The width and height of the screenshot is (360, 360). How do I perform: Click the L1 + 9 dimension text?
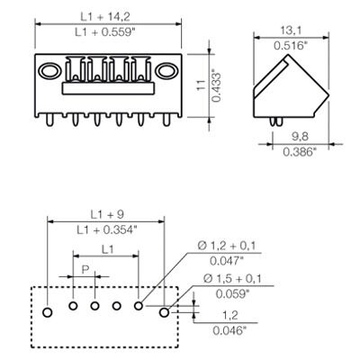(105, 216)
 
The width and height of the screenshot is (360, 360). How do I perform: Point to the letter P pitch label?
(85, 270)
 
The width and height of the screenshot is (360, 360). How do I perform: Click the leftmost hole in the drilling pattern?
(49, 311)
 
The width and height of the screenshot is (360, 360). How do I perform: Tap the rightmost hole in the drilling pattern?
(165, 312)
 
